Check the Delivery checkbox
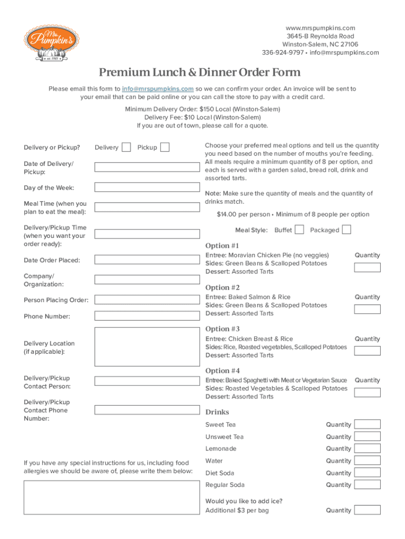coord(126,147)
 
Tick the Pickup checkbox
coord(165,147)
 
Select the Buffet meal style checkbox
coord(299,229)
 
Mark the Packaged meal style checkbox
coord(347,229)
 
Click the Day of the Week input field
coord(147,187)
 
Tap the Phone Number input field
coord(147,316)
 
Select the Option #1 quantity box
coord(367,267)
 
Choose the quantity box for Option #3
coord(367,351)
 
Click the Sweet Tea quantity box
coord(367,424)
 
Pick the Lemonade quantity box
coord(367,448)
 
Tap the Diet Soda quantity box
coord(367,473)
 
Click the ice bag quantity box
coord(367,510)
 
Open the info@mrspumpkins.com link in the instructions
coord(158,89)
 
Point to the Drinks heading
coord(217,412)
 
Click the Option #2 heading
coord(222,287)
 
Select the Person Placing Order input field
coord(147,300)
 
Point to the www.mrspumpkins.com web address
coord(320,28)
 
